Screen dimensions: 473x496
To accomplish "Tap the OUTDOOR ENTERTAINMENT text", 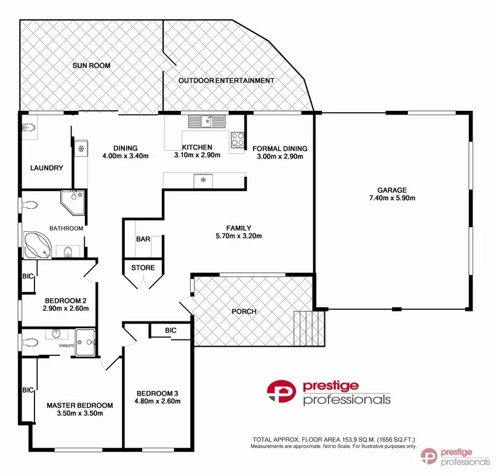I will (226, 81).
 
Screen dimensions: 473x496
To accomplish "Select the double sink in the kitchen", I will (208, 121).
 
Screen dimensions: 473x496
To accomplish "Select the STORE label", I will (143, 267).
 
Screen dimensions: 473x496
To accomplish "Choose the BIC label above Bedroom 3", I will (170, 331).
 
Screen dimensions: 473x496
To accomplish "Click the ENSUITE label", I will (66, 346).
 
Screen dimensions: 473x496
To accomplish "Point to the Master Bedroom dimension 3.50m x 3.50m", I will (79, 414).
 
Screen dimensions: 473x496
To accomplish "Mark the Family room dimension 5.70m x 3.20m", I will (239, 236).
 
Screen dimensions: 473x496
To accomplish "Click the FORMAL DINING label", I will (280, 148).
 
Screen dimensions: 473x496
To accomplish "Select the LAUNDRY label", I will (47, 168).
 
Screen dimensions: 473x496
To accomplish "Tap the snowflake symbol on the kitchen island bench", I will (202, 180).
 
